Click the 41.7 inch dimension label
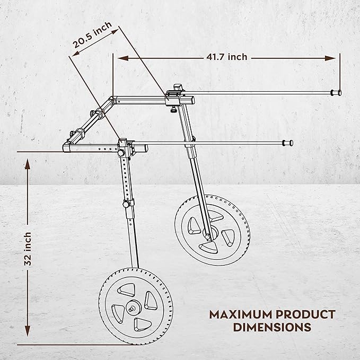227,57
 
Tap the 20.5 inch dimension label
92,35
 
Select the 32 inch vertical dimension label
28,249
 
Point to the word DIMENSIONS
272,327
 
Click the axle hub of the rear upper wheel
210,233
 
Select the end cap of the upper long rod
336,93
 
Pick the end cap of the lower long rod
288,143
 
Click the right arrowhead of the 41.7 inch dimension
330,58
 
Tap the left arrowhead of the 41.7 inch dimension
123,58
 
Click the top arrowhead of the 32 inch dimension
28,164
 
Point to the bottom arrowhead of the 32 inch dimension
28,331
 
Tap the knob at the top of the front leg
121,153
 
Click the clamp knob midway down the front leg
126,204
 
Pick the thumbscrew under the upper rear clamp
173,110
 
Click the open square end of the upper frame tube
191,100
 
